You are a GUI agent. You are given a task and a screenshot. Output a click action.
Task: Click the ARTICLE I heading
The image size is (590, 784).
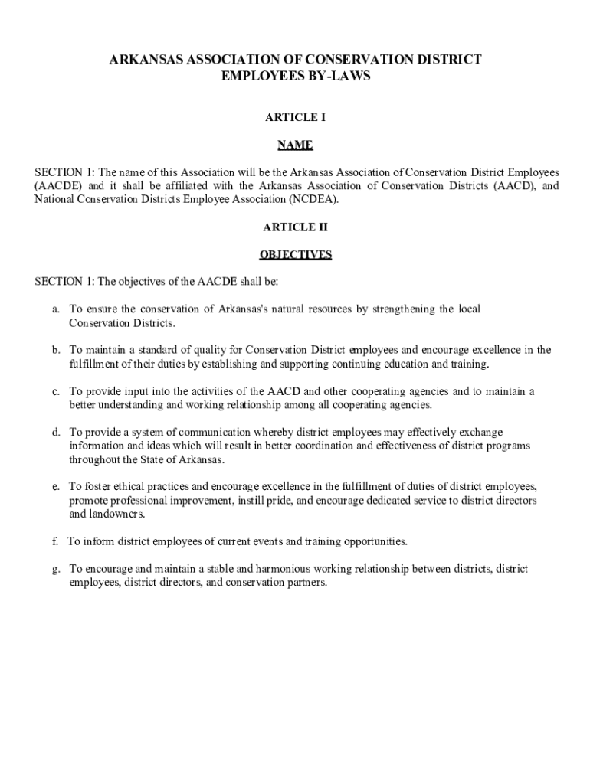click(x=295, y=117)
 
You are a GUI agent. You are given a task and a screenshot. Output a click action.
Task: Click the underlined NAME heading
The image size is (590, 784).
click(x=295, y=145)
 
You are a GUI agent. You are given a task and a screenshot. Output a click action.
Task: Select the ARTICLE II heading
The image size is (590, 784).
click(x=295, y=227)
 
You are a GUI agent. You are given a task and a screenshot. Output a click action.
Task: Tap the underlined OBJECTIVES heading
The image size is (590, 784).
click(x=295, y=254)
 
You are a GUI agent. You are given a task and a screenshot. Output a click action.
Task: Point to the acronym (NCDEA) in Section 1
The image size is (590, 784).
click(x=313, y=199)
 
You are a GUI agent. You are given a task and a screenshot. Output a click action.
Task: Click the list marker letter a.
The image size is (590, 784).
click(x=55, y=309)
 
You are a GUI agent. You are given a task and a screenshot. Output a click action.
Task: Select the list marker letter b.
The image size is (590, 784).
click(x=56, y=350)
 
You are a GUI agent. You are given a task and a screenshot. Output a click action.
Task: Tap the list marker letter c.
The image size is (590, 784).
click(x=55, y=391)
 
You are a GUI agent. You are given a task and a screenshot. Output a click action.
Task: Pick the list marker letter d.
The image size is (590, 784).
click(x=56, y=432)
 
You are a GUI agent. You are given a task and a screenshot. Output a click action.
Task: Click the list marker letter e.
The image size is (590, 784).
click(x=55, y=486)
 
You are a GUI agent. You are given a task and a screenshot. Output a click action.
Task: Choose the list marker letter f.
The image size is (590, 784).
click(x=55, y=541)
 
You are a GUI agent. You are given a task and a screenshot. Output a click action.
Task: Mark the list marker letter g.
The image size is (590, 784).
click(x=56, y=569)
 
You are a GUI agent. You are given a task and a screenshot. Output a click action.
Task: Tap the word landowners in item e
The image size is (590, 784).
click(x=96, y=514)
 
